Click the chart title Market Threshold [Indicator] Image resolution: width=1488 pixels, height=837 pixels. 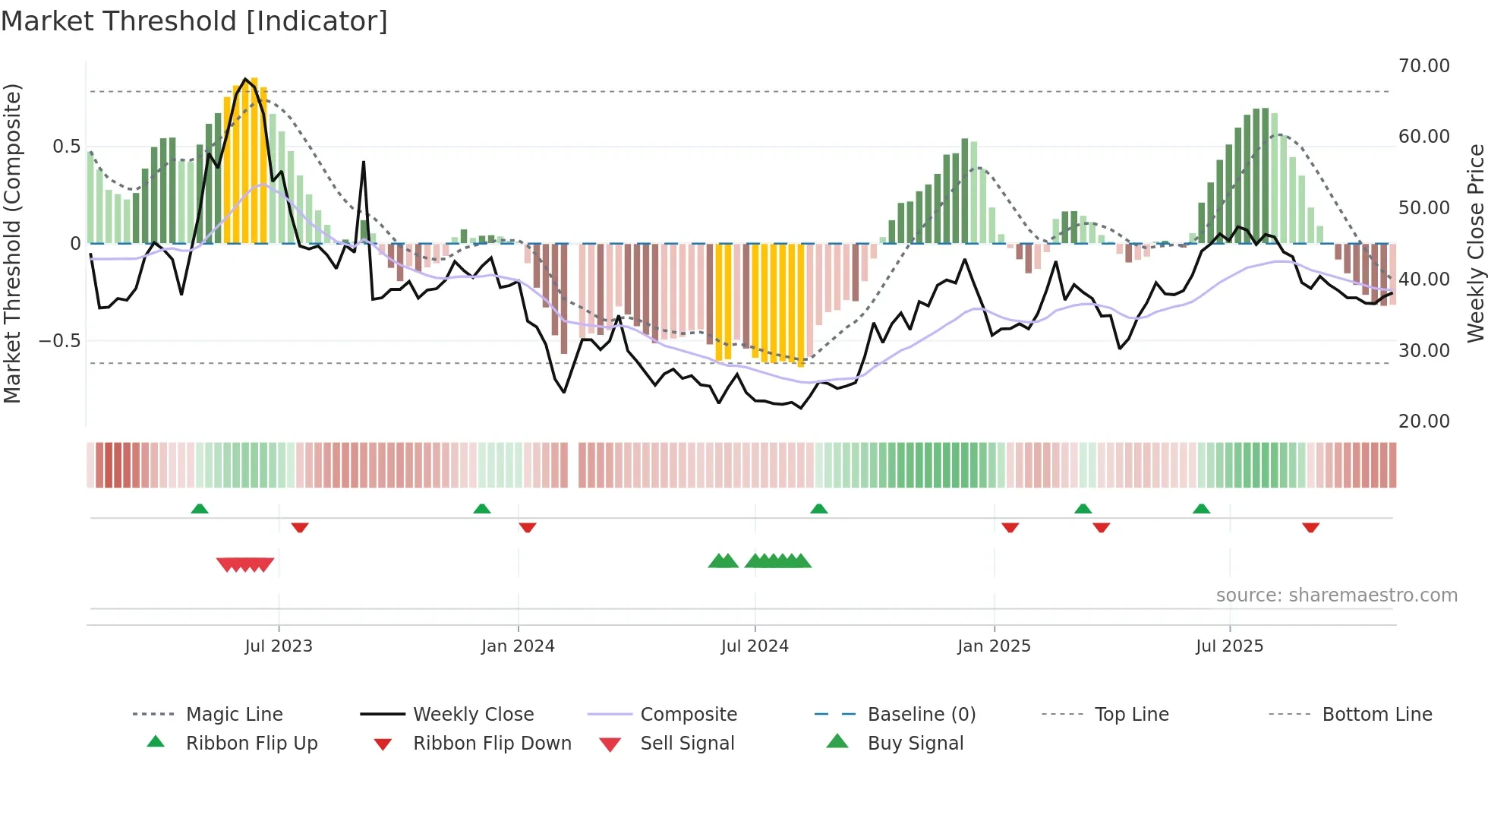pos(194,21)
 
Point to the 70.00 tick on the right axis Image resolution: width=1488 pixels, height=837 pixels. pos(1423,66)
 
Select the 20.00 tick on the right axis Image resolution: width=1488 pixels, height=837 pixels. pos(1423,422)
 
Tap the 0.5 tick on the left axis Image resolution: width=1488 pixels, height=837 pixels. pos(66,147)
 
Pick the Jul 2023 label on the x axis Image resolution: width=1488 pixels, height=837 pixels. pos(279,646)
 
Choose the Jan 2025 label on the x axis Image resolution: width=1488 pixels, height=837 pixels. pos(994,646)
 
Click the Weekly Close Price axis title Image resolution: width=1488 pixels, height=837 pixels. pos(1475,243)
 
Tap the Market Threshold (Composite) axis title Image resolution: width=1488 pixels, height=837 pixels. pos(12,243)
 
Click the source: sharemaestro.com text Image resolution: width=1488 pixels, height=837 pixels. pos(1336,595)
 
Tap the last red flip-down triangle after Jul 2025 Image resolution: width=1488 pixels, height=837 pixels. pos(1310,527)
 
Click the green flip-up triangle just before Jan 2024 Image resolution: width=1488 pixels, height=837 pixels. pos(482,509)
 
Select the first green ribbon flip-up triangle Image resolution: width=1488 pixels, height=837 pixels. pos(200,509)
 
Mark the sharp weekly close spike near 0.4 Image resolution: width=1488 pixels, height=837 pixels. pos(364,163)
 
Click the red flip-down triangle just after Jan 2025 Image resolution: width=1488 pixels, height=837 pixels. pos(1010,527)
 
